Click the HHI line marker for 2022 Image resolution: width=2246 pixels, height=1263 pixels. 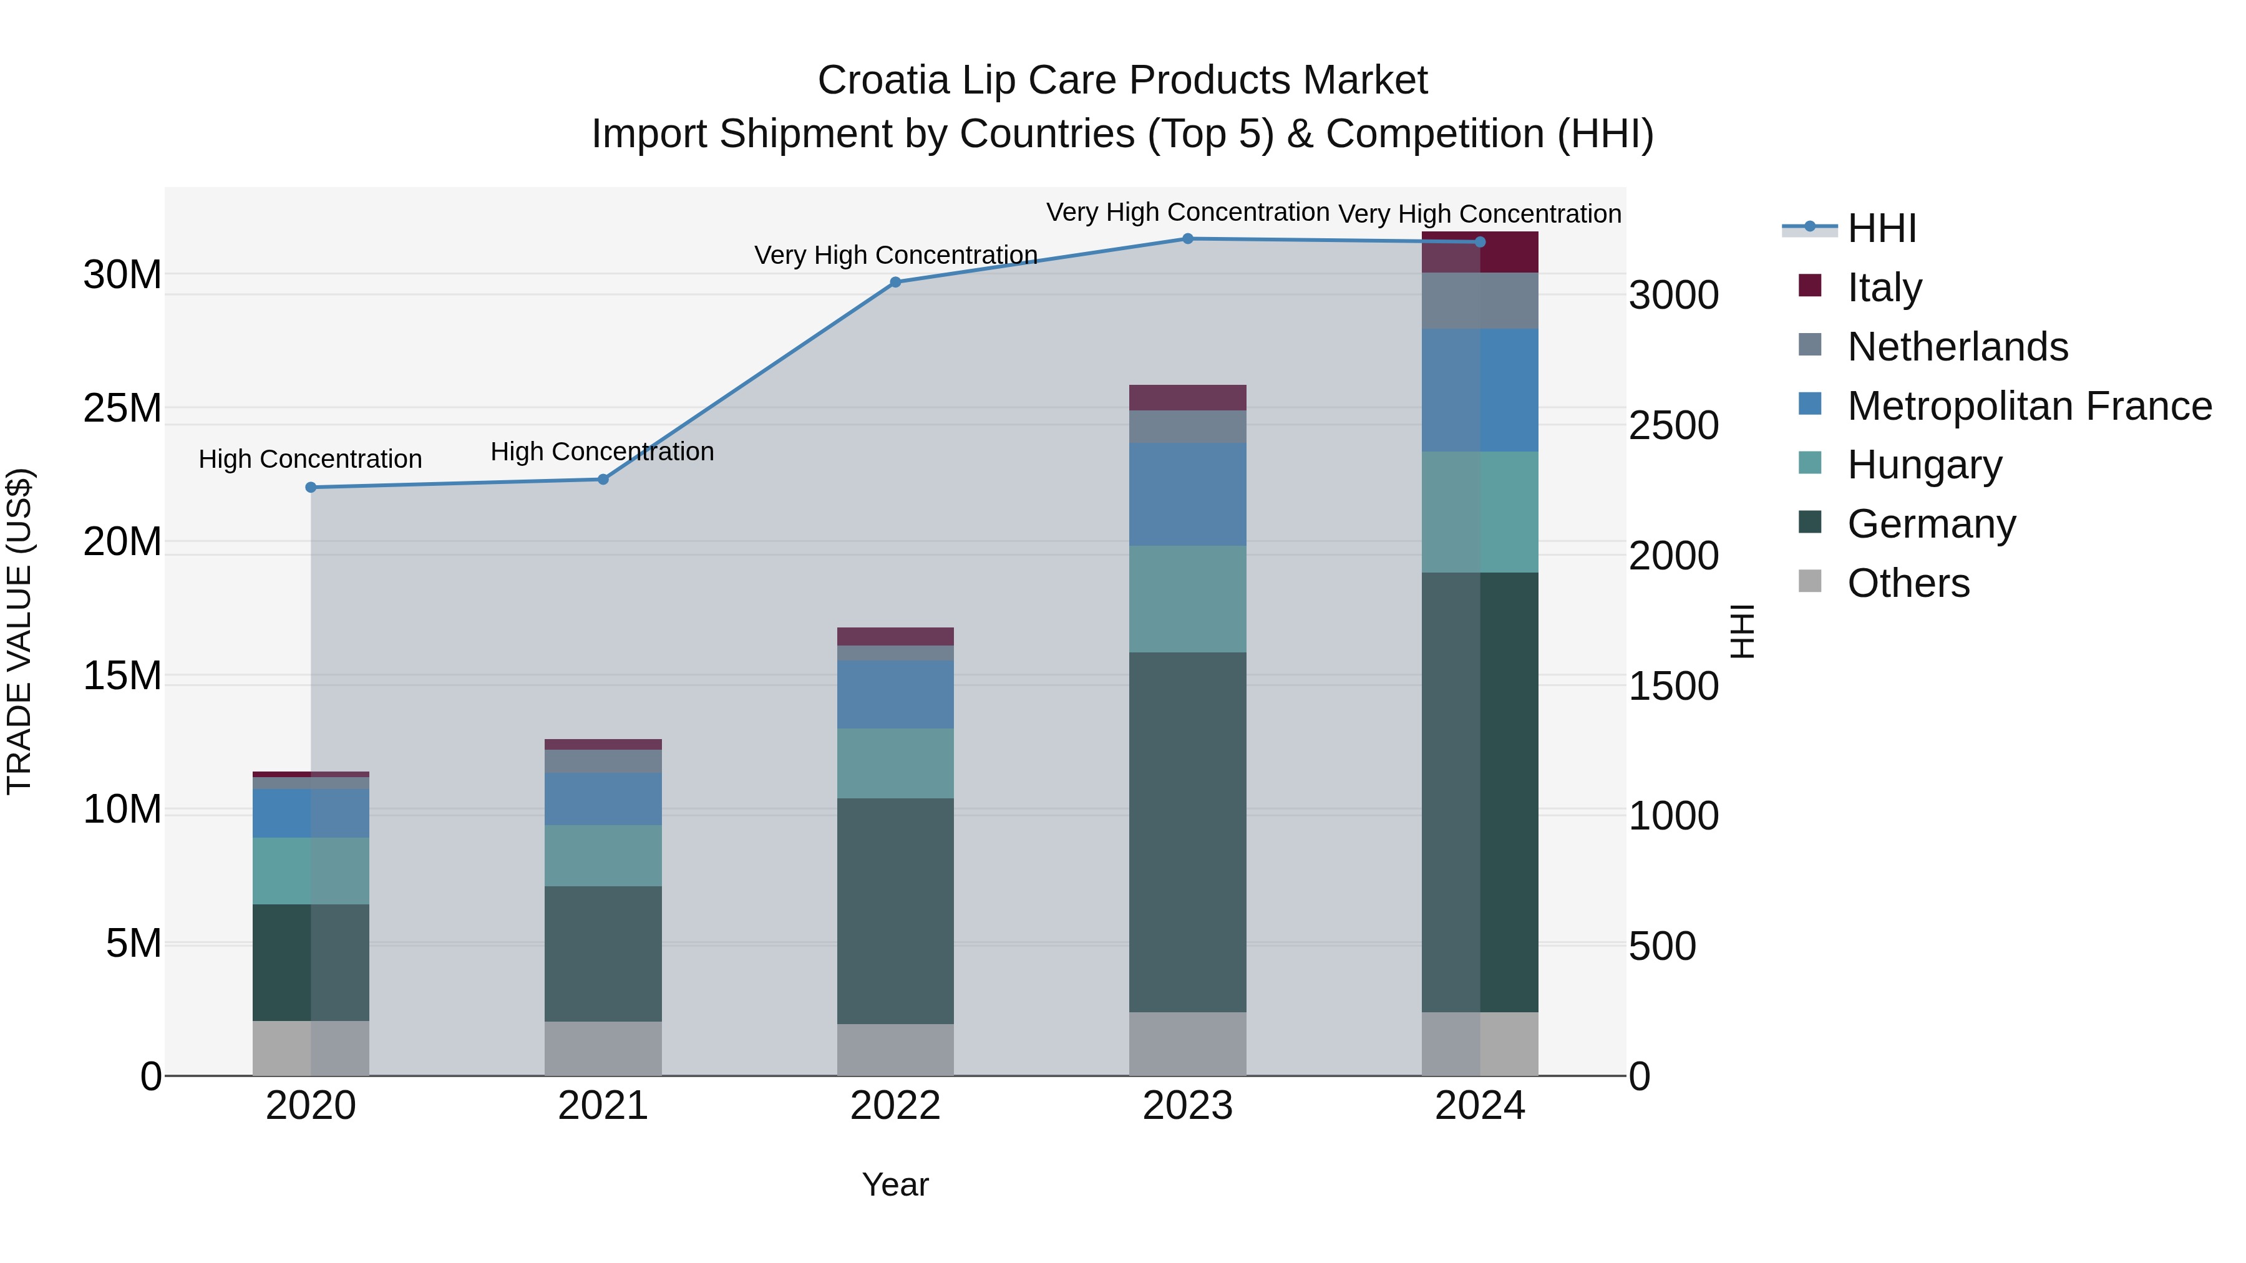pos(895,283)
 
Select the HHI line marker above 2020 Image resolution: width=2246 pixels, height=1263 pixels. pos(311,487)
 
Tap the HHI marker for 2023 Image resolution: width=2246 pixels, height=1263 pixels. pos(1187,239)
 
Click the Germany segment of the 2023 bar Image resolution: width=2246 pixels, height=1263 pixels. pos(1187,833)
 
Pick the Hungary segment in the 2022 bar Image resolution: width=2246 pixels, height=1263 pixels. pos(895,763)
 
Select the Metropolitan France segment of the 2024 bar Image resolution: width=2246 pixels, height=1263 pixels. pos(1480,390)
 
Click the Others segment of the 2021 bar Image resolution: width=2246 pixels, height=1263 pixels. pos(603,1048)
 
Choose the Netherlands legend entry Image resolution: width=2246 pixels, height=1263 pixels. pos(1957,347)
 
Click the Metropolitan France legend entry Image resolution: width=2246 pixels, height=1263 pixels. pos(2029,406)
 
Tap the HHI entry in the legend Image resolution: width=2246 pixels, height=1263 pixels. pos(1882,228)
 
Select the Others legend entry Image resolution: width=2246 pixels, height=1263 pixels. pos(1908,583)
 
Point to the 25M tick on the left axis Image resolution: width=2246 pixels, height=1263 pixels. pos(122,409)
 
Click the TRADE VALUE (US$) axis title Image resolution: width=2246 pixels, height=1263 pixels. pos(19,631)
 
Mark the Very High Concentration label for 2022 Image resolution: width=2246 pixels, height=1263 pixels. pos(895,255)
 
